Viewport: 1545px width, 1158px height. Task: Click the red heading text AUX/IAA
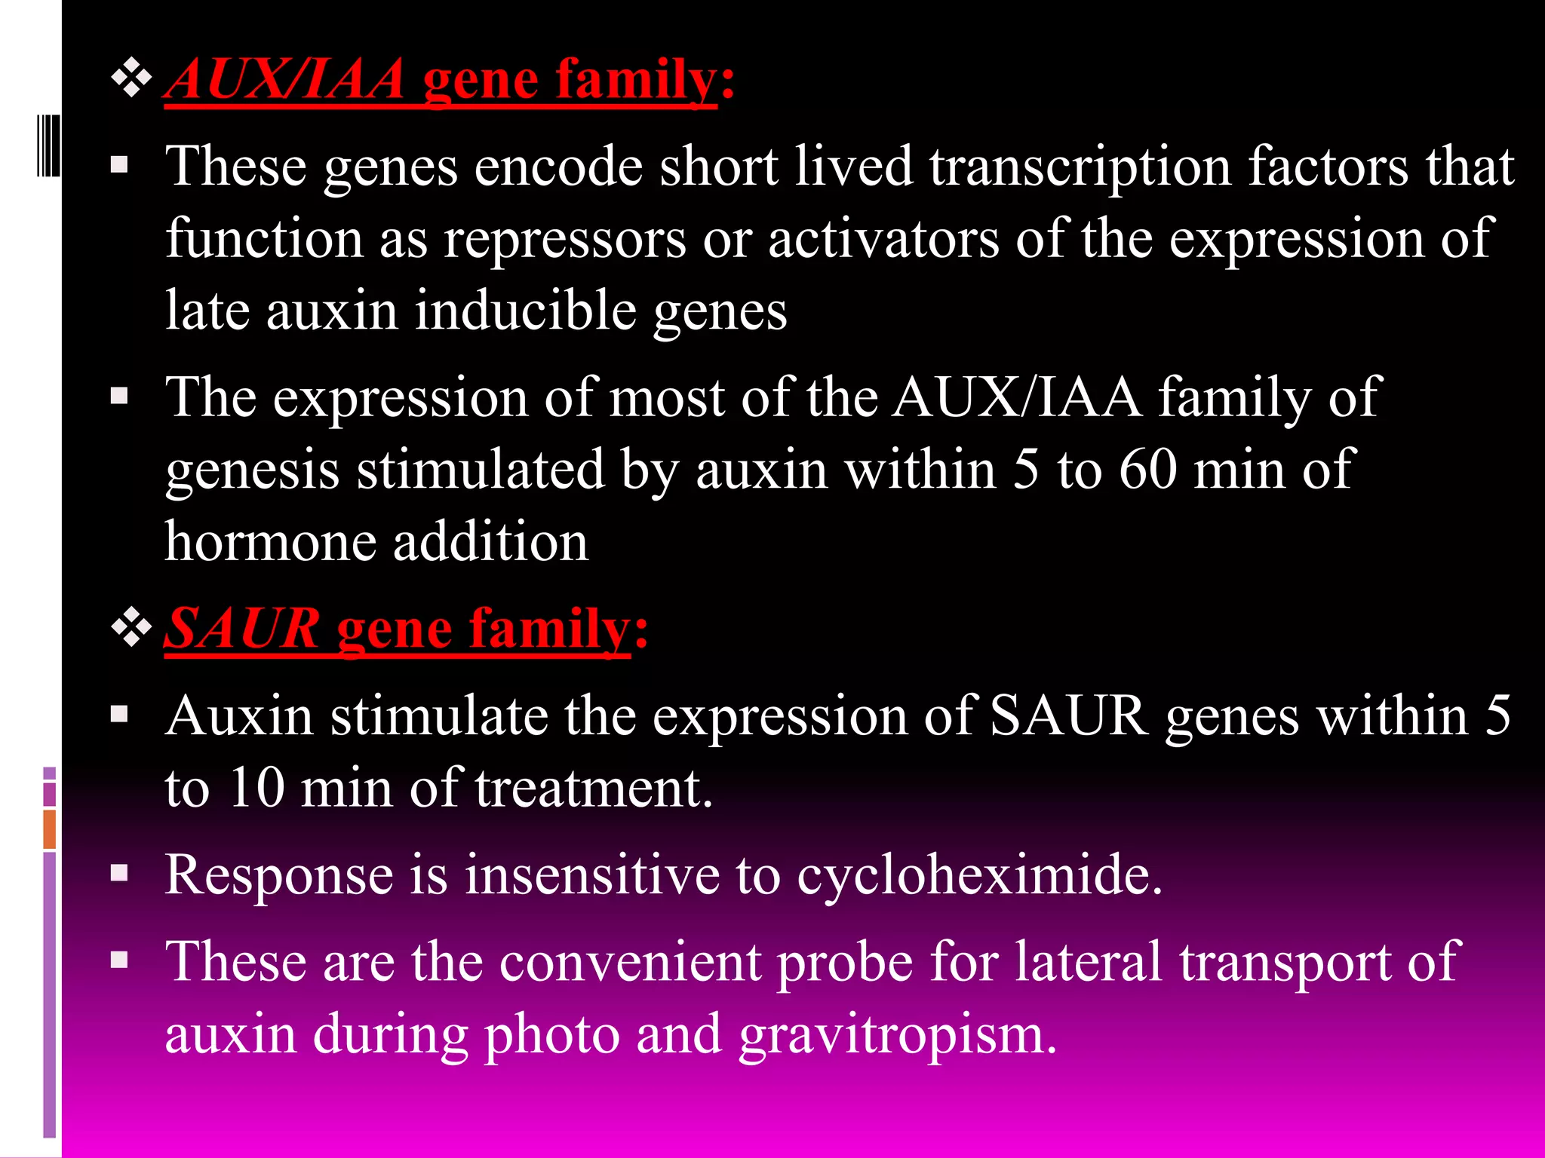pos(285,79)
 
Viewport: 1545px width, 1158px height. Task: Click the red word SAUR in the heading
pos(242,628)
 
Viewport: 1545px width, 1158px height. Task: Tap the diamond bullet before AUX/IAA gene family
pos(132,79)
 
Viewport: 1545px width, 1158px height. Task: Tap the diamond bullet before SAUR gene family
pos(132,628)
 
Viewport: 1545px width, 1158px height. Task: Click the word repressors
pos(564,240)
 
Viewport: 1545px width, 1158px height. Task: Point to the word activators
pos(883,240)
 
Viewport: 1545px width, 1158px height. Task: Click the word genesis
pos(252,471)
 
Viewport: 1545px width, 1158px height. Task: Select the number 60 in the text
pos(1147,470)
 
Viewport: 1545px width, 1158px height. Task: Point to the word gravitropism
pos(898,1036)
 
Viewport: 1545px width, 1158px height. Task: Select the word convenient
pos(630,962)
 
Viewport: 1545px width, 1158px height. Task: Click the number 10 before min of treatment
pos(256,789)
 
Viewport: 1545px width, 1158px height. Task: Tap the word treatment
pos(593,789)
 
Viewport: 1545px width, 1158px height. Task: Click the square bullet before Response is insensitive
pos(119,873)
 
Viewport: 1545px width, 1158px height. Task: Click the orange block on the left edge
pos(50,829)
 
